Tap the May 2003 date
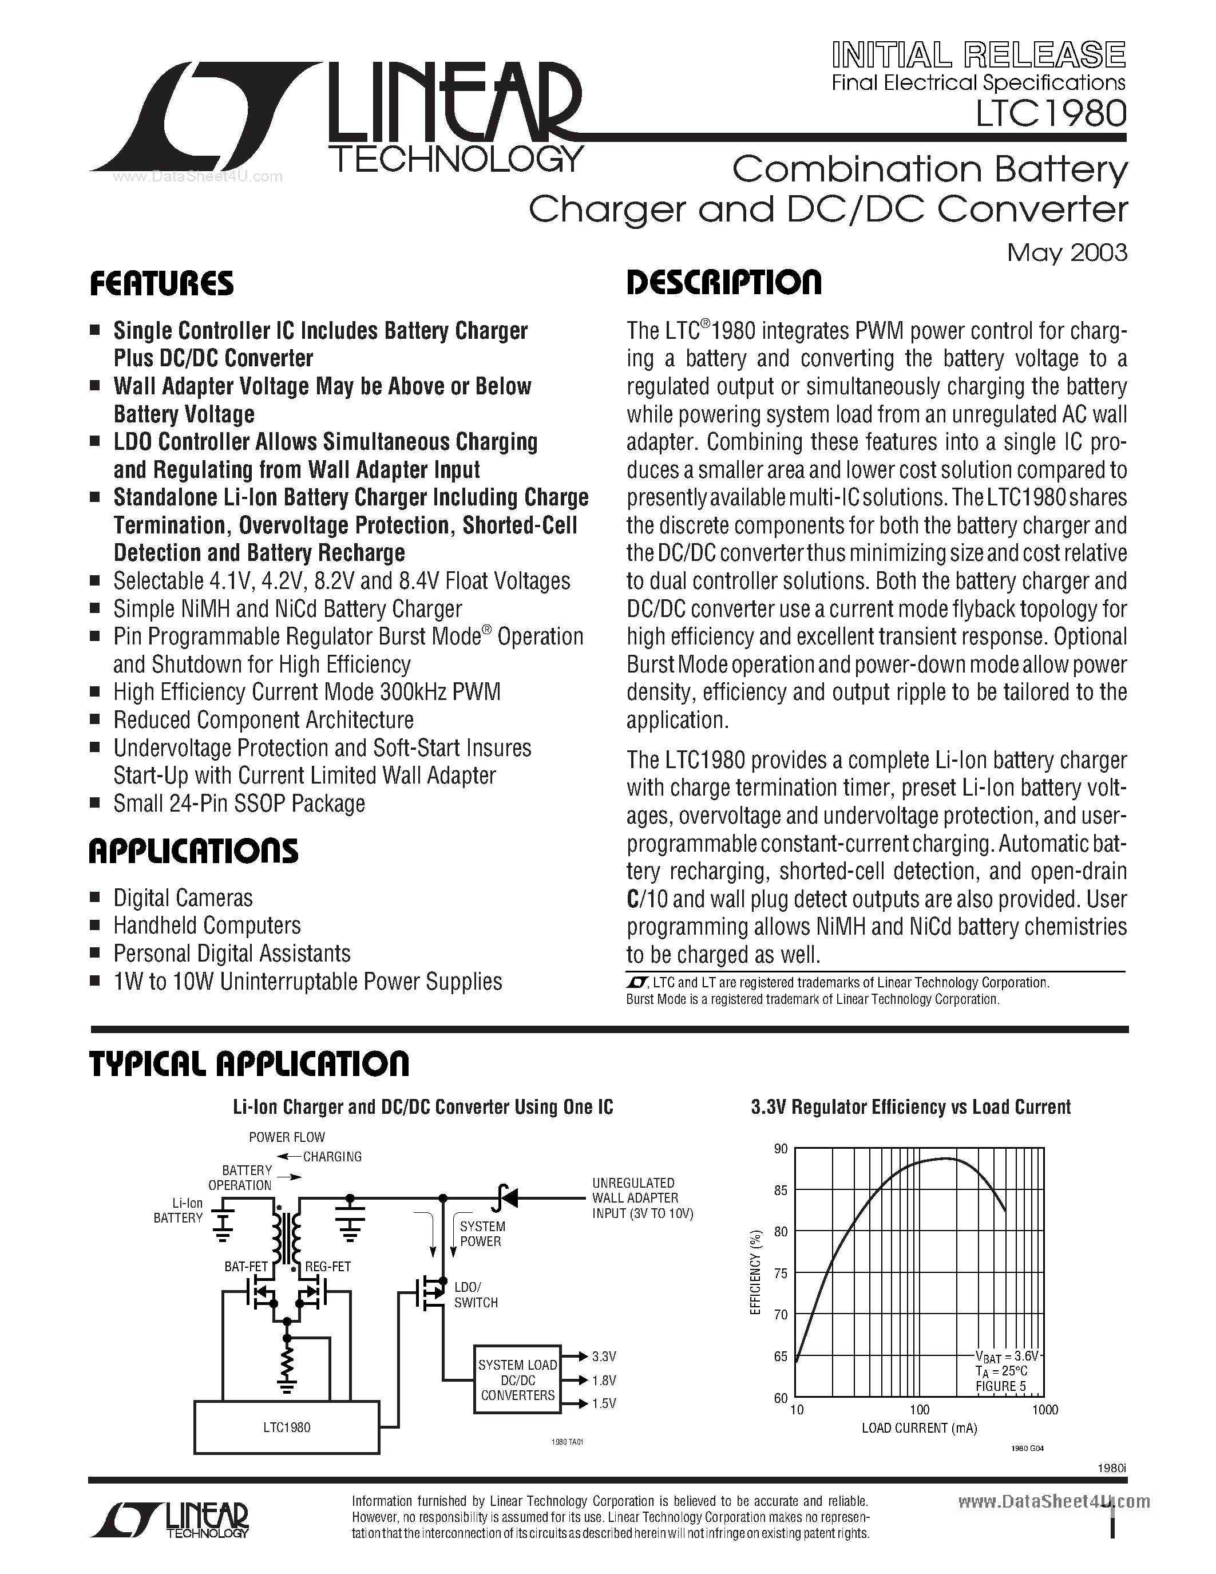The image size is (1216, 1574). coord(1067,252)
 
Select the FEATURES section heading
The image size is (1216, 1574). coord(161,283)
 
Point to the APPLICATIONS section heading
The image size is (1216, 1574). coord(193,851)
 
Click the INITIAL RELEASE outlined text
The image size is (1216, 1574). coord(979,55)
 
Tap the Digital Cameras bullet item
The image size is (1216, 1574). coord(183,898)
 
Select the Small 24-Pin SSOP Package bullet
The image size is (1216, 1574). coord(239,804)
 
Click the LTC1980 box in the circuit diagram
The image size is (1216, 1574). coord(287,1427)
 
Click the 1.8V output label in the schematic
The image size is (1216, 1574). coord(604,1380)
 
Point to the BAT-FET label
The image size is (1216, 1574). coord(245,1266)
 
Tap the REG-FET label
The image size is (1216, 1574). coord(328,1266)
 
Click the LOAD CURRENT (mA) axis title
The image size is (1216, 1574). coord(919,1427)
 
